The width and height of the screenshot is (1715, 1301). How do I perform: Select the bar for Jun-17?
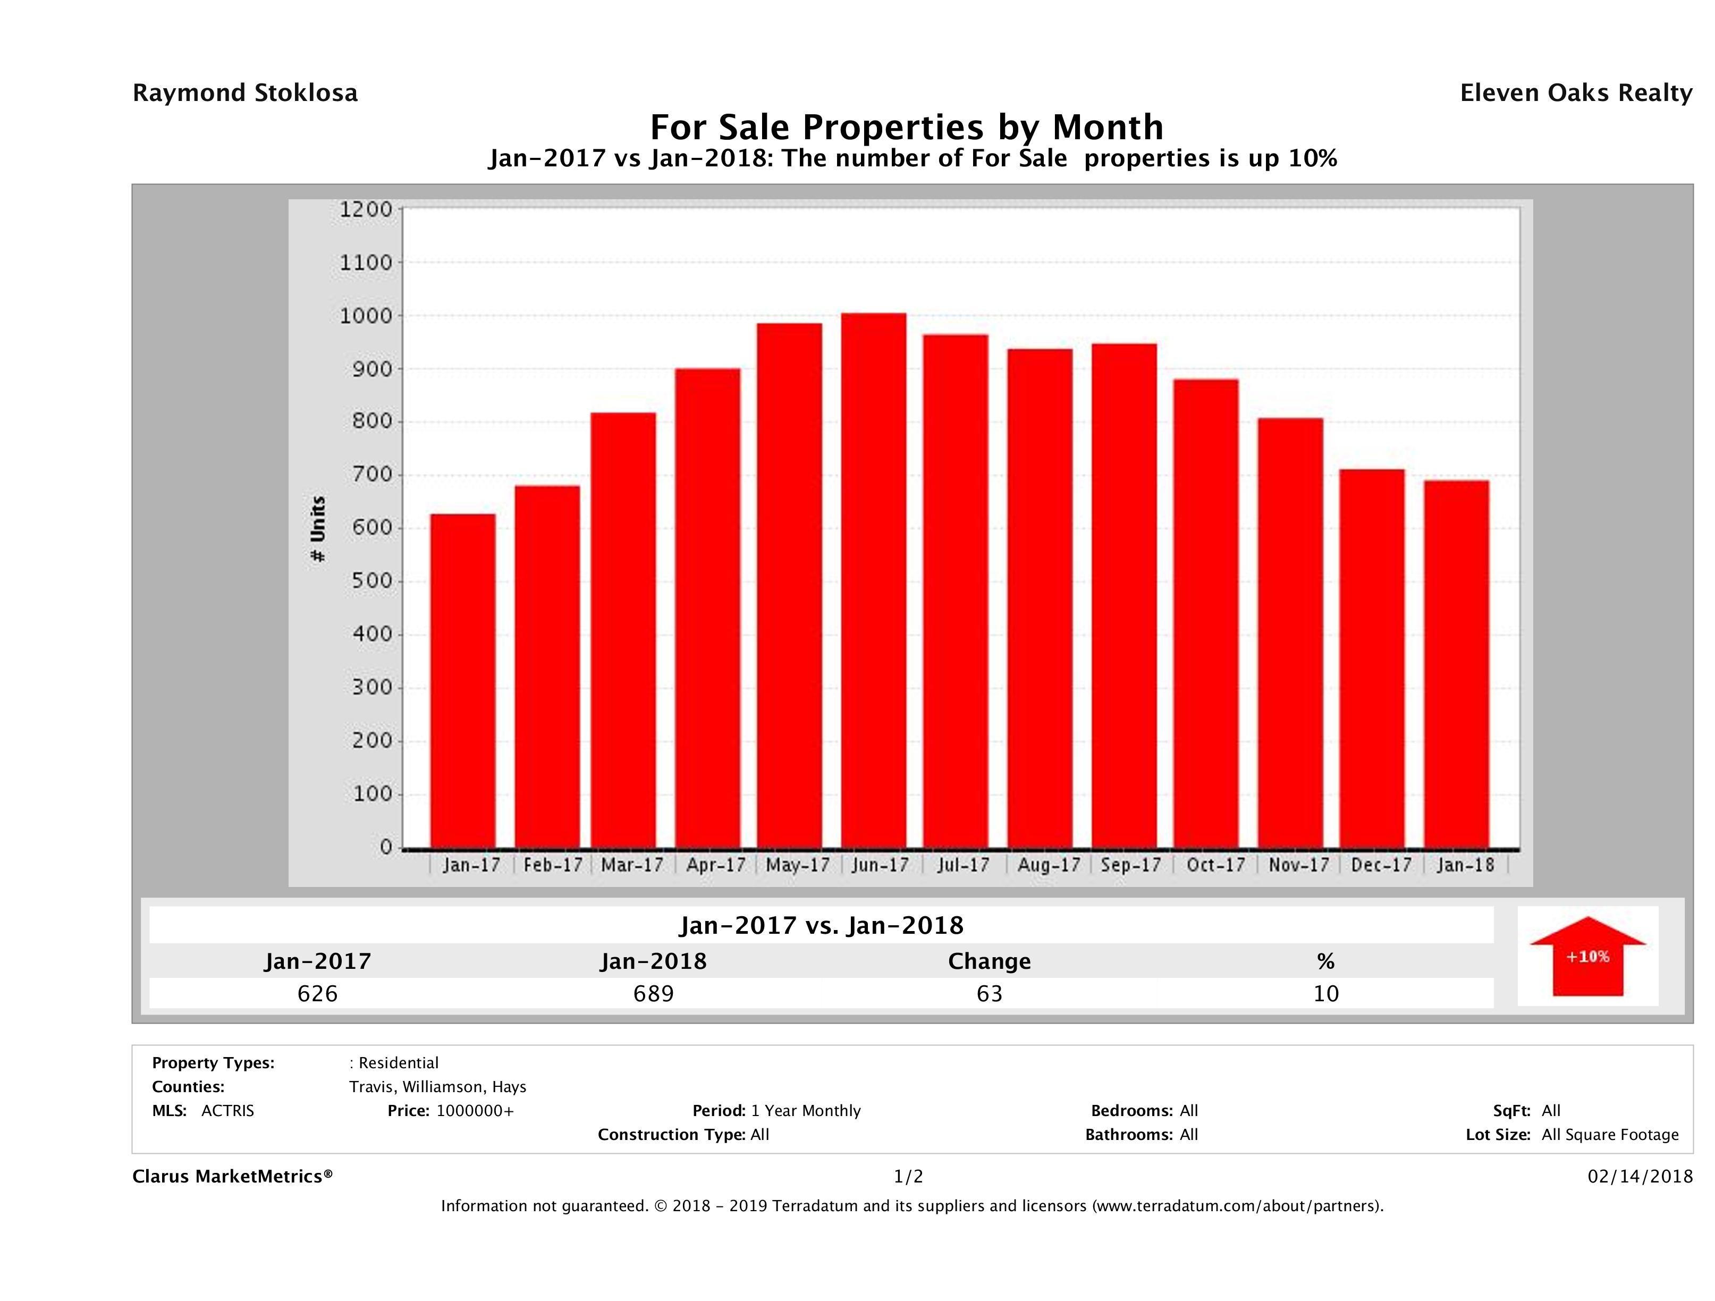[874, 581]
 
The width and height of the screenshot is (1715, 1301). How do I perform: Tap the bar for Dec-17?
[1372, 659]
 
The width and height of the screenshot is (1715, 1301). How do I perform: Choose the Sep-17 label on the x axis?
[1130, 865]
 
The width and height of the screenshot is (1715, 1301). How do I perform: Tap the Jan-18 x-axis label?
[1465, 865]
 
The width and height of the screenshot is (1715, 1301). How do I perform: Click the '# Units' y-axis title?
[318, 529]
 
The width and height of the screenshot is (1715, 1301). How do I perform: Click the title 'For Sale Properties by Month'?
[906, 127]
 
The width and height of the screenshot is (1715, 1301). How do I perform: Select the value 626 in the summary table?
[317, 994]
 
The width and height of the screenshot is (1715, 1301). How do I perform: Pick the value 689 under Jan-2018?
[654, 994]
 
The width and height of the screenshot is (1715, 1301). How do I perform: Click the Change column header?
[990, 961]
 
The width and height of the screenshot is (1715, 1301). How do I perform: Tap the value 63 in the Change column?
[990, 994]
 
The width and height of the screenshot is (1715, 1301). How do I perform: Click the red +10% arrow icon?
[1587, 956]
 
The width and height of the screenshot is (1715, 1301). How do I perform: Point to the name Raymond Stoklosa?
[245, 93]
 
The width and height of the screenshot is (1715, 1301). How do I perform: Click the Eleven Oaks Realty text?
[1575, 93]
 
